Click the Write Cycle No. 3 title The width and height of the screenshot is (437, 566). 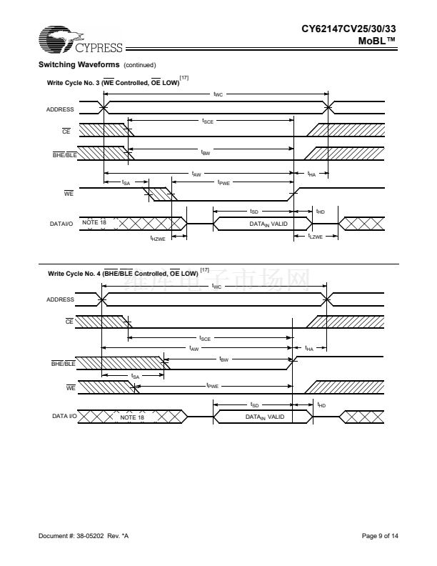click(x=114, y=84)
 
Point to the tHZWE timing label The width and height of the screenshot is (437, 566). click(x=157, y=239)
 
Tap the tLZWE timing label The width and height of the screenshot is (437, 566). click(x=315, y=236)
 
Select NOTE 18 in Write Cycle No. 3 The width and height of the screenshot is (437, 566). click(x=94, y=223)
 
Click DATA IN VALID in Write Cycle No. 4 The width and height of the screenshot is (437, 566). click(x=265, y=417)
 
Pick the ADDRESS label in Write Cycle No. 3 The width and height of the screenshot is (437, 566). click(x=60, y=109)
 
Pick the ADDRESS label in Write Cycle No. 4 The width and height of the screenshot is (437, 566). click(x=60, y=299)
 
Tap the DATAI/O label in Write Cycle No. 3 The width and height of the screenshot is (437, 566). click(x=61, y=224)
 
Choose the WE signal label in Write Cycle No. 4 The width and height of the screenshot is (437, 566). click(x=71, y=388)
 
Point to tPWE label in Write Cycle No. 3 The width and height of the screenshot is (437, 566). click(x=223, y=183)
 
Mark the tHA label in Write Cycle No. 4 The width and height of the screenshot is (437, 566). click(x=309, y=349)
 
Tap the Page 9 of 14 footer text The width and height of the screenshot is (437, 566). click(x=380, y=535)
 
